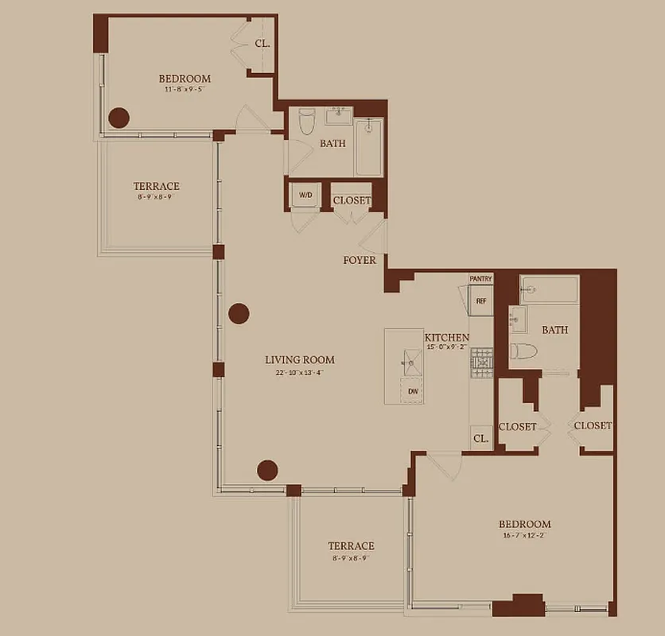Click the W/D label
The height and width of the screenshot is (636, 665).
[305, 195]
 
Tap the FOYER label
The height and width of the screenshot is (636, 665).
[360, 260]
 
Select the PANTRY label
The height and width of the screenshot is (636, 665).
[481, 279]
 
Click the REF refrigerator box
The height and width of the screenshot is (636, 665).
[480, 301]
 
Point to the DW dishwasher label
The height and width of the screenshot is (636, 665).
[413, 391]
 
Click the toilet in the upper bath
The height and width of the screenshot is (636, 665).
[307, 123]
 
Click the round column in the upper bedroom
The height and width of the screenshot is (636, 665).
[119, 118]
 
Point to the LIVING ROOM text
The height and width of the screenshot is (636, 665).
[299, 359]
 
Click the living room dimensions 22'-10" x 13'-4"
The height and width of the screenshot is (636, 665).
[299, 372]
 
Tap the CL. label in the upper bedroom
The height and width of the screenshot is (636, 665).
[262, 44]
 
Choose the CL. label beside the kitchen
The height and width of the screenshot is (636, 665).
[480, 438]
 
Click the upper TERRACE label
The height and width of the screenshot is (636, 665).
[156, 186]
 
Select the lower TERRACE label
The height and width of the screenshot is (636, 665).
[351, 546]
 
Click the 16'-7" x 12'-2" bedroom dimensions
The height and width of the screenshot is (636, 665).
[524, 536]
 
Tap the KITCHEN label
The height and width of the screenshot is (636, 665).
[446, 338]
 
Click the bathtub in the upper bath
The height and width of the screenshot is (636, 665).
[369, 148]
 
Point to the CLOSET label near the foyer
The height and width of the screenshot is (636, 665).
[352, 200]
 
